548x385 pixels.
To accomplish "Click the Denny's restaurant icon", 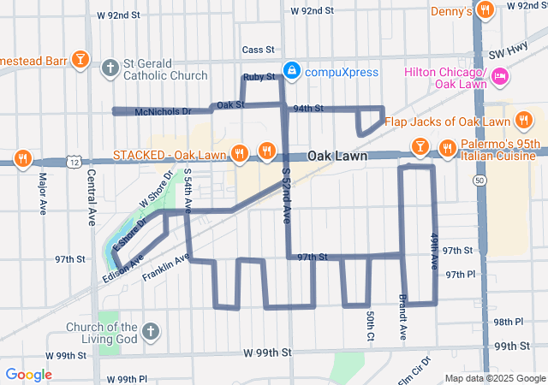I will coord(485,11).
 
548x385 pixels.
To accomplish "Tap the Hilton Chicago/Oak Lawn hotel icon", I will coord(501,80).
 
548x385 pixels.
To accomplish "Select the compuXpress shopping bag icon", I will coord(292,71).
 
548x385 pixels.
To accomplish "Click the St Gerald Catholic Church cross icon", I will coord(110,68).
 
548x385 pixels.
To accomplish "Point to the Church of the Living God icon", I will coord(150,331).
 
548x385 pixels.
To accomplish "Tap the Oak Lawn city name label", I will coord(337,157).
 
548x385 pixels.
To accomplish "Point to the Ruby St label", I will coord(258,77).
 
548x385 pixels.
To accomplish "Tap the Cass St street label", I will coord(257,50).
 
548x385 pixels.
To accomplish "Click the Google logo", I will coord(28,374).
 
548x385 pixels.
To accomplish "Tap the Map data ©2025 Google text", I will coord(494,378).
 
